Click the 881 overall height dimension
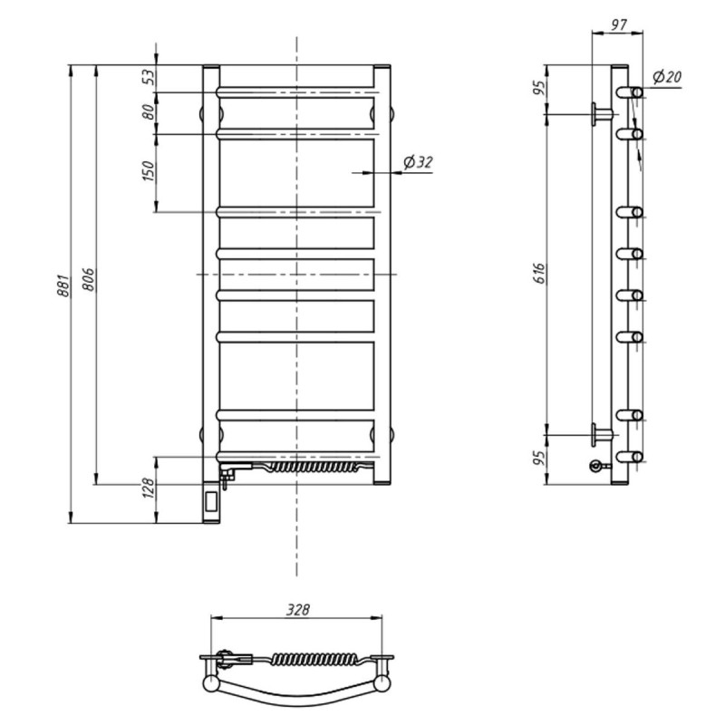tap(63, 285)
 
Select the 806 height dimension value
tap(88, 279)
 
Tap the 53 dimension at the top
tap(149, 77)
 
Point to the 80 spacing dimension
tap(149, 111)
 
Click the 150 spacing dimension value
tap(149, 171)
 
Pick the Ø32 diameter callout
tap(418, 162)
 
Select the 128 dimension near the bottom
tap(149, 488)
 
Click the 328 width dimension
tap(297, 610)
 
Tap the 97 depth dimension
tap(618, 24)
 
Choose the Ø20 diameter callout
tap(667, 77)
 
